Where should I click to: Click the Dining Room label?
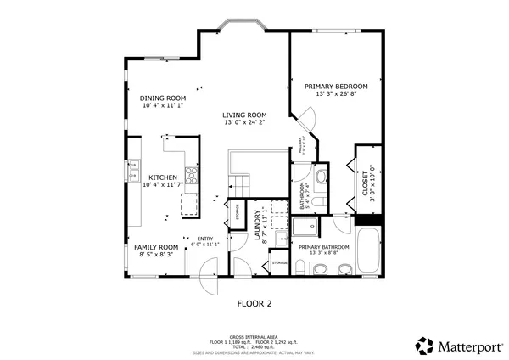[x=164, y=98]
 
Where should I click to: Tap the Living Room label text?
[x=244, y=115]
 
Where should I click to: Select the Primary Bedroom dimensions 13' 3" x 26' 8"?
[x=335, y=94]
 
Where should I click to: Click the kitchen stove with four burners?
[x=192, y=177]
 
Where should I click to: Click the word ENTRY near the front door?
[x=205, y=239]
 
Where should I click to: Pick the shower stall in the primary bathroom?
[x=304, y=226]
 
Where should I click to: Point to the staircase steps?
[x=242, y=185]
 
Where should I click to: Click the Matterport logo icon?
[x=424, y=346]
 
